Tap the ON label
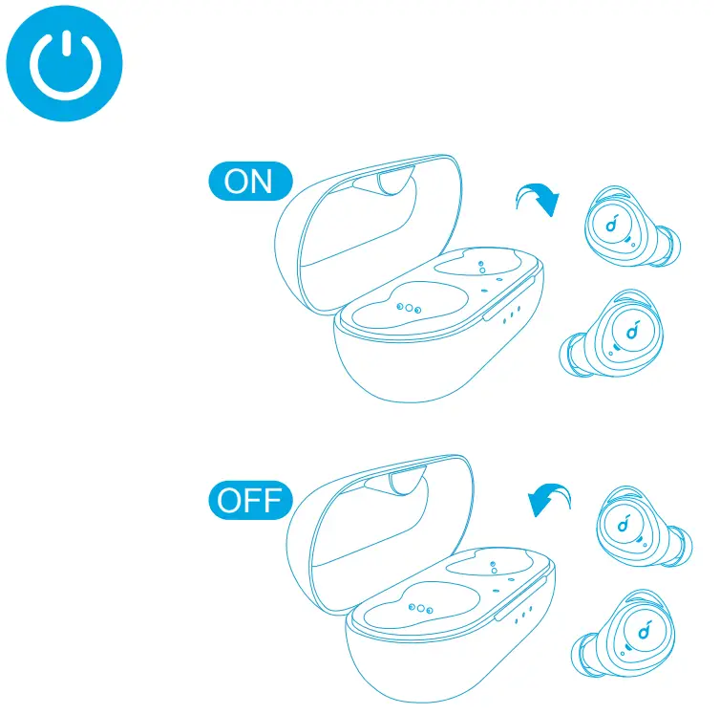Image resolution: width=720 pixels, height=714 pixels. [247, 182]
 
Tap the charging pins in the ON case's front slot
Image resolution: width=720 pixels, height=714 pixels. [408, 308]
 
